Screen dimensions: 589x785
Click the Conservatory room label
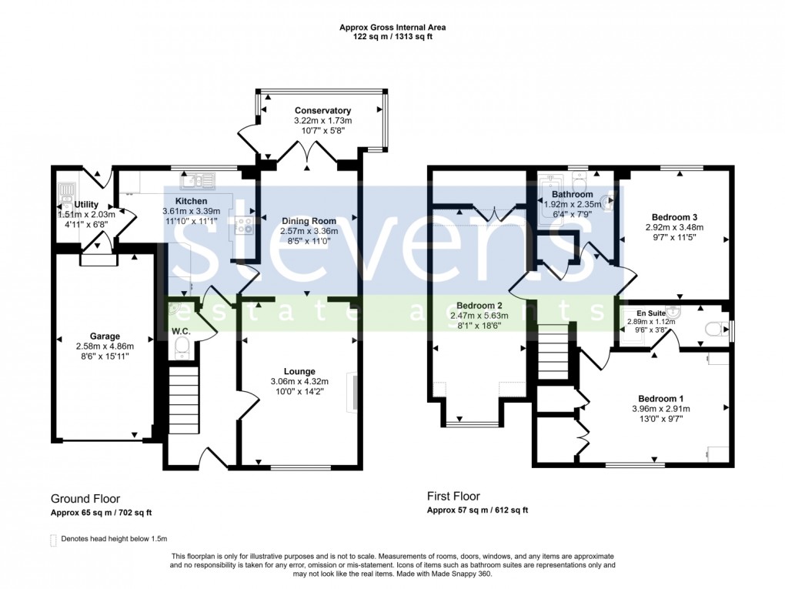pos(322,111)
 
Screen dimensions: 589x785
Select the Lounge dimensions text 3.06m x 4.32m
pos(299,382)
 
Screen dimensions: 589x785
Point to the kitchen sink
pos(199,181)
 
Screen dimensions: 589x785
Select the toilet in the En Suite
pos(713,328)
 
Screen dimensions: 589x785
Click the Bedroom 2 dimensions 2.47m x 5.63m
pos(479,316)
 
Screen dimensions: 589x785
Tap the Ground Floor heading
pos(85,499)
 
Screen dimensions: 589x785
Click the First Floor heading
pos(453,497)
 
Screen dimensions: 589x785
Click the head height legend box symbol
pos(53,539)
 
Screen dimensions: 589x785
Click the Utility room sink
pos(64,189)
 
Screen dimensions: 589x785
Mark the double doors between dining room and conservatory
pos(307,156)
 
